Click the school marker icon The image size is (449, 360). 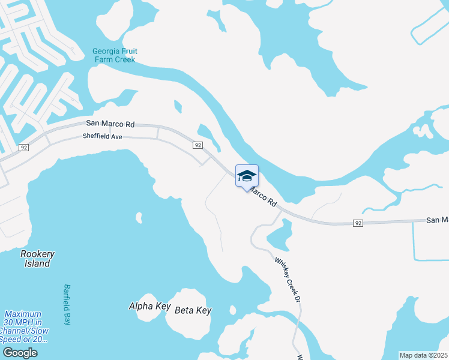point(247,176)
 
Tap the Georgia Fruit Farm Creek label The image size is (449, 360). point(115,55)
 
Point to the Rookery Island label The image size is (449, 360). point(37,258)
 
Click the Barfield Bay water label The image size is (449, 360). point(67,304)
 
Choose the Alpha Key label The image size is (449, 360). point(149,306)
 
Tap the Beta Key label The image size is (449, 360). point(193,310)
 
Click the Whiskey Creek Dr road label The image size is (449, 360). point(287,279)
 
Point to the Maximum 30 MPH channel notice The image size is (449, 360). point(24,326)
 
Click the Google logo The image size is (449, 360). point(20,353)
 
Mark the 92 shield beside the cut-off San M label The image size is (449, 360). point(358,223)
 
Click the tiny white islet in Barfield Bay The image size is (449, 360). point(139,217)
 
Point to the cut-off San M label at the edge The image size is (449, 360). point(437,220)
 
